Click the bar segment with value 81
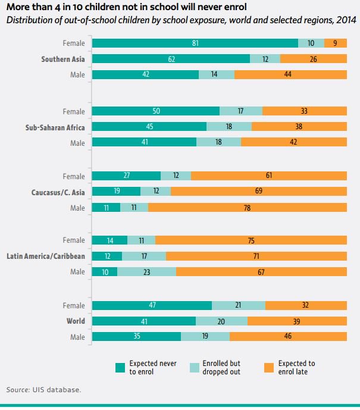(195, 43)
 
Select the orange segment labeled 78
(247, 207)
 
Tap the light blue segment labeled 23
(146, 271)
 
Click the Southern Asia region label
(63, 59)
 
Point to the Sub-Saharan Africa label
(55, 127)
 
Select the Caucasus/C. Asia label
(58, 192)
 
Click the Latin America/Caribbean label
(46, 256)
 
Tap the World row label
(76, 321)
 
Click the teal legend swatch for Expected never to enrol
(120, 367)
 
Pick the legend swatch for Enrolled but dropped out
(195, 367)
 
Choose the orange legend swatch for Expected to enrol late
(268, 367)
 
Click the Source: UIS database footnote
(43, 390)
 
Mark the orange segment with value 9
(336, 43)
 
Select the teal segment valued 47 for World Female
(152, 305)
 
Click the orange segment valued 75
(251, 240)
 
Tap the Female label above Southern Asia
(74, 43)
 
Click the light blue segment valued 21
(239, 305)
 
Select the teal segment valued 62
(171, 58)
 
